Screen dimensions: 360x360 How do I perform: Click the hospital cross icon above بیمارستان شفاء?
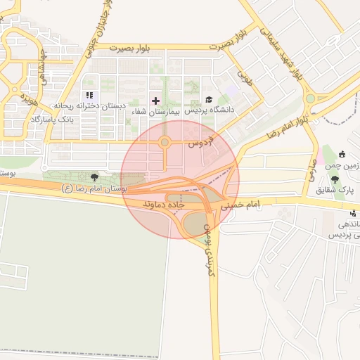[x=155, y=101]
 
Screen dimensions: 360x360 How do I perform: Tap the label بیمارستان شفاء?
[x=160, y=111]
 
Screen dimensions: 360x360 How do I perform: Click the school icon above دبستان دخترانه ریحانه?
[x=89, y=95]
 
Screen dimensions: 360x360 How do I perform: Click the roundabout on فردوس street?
[x=165, y=143]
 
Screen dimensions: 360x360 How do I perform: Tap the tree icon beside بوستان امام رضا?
[x=94, y=188]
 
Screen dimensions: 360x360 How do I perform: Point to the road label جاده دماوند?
[x=164, y=203]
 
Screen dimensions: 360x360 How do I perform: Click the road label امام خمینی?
[x=240, y=205]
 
